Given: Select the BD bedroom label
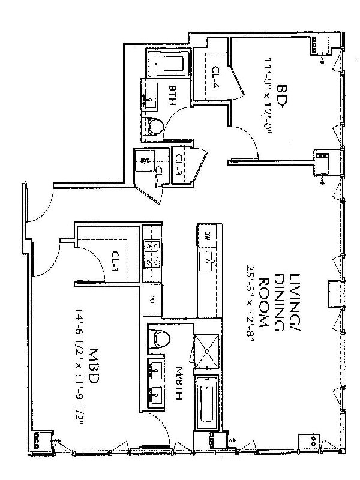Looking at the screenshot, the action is [283, 98].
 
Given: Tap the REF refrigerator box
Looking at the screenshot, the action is [152, 298].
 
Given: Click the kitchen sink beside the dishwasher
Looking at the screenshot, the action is [207, 262].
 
